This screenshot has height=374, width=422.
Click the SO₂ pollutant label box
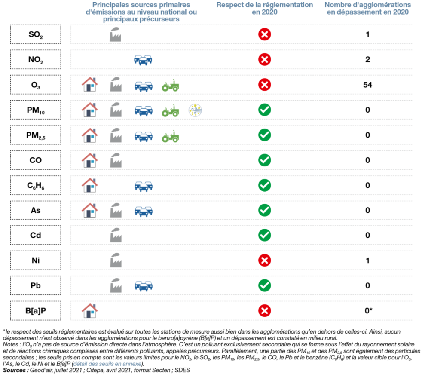click(36, 34)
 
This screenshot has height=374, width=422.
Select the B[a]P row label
click(36, 311)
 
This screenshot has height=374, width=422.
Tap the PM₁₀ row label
click(36, 110)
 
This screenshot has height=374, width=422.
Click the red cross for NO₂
click(265, 59)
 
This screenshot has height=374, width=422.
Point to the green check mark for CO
click(265, 160)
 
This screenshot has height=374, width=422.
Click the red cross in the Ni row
click(265, 261)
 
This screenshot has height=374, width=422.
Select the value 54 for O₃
click(367, 85)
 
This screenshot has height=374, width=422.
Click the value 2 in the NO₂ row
click(367, 59)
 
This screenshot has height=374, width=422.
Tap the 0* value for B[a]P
click(368, 311)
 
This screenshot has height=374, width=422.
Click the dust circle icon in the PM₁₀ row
click(195, 110)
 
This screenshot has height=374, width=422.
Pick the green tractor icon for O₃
click(170, 85)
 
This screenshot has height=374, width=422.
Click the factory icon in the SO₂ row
click(116, 34)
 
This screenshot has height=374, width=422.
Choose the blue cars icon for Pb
click(144, 286)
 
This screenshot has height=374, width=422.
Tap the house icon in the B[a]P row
click(90, 311)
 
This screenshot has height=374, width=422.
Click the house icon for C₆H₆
click(90, 185)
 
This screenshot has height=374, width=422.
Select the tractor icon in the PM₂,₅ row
click(170, 136)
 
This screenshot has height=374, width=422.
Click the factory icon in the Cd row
click(116, 235)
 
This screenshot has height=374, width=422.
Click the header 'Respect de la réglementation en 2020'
click(265, 8)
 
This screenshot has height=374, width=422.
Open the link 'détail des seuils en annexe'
click(107, 364)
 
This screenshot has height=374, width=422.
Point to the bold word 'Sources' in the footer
click(15, 370)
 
